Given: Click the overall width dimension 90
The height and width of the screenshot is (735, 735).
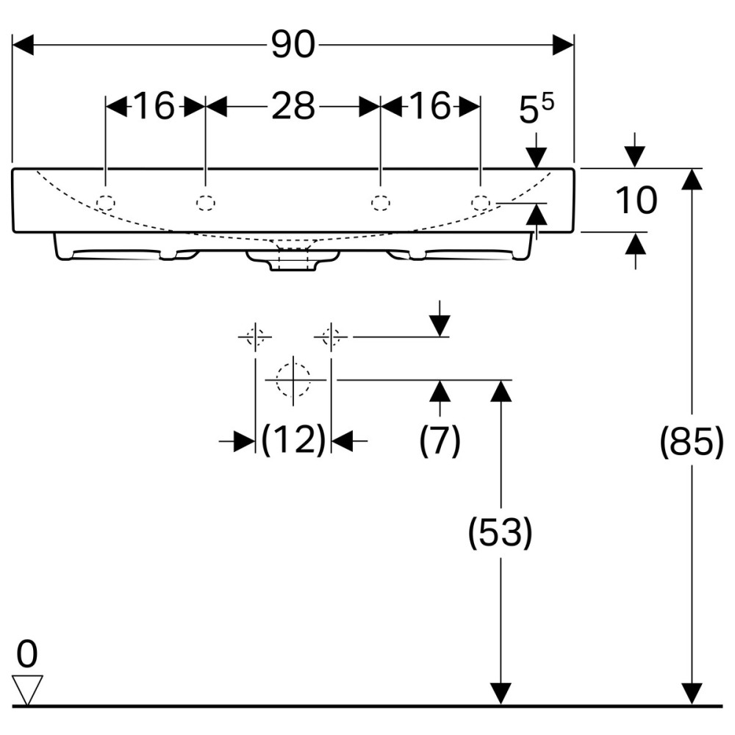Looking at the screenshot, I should (293, 46).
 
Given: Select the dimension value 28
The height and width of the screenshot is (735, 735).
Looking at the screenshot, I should (293, 107).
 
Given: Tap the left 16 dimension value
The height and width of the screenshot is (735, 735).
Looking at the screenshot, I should (155, 107).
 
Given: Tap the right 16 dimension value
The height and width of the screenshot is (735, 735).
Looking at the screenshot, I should (430, 107).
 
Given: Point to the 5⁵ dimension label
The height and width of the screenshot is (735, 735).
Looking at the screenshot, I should (536, 110).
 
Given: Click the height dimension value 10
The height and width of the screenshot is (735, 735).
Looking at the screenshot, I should (636, 201).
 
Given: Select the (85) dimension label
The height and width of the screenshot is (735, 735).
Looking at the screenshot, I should (691, 442).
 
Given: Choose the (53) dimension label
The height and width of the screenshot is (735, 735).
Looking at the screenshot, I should (501, 534).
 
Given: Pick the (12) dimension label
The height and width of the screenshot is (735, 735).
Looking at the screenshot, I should (293, 440).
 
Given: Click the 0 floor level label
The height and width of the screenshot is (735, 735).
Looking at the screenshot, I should (26, 653).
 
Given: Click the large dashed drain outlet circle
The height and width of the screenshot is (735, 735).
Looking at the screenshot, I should (293, 381).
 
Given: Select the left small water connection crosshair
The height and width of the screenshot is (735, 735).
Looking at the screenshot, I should (255, 337).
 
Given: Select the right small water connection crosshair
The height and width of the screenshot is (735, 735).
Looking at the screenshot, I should (331, 337).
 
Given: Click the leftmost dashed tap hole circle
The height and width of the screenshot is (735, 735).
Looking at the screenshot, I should (107, 202).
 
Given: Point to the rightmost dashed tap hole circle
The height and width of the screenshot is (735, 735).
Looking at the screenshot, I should (481, 202).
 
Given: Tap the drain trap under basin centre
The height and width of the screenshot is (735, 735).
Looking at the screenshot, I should (293, 259).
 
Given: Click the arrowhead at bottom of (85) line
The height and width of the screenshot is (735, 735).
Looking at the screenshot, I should (690, 693).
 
